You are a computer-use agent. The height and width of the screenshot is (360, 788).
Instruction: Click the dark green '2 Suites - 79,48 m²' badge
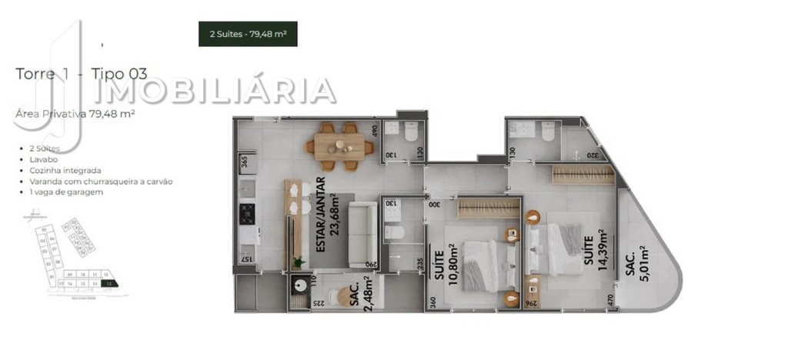click(x=248, y=34)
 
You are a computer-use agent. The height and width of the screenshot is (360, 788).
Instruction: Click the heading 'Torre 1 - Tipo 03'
click(x=82, y=74)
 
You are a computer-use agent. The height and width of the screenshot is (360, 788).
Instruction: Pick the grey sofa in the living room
click(x=361, y=233)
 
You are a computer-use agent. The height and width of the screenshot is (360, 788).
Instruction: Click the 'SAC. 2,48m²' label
click(x=362, y=294)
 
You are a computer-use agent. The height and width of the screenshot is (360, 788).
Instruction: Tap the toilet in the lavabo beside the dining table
click(x=409, y=132)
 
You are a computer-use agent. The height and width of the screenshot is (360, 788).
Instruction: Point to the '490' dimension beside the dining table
click(x=376, y=130)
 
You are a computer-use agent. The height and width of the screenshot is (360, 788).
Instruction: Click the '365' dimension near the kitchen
click(x=243, y=162)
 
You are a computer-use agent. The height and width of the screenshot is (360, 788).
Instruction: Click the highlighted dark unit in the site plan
click(x=114, y=284)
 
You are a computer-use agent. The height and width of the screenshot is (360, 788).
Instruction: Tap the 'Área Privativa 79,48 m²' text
click(x=75, y=113)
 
